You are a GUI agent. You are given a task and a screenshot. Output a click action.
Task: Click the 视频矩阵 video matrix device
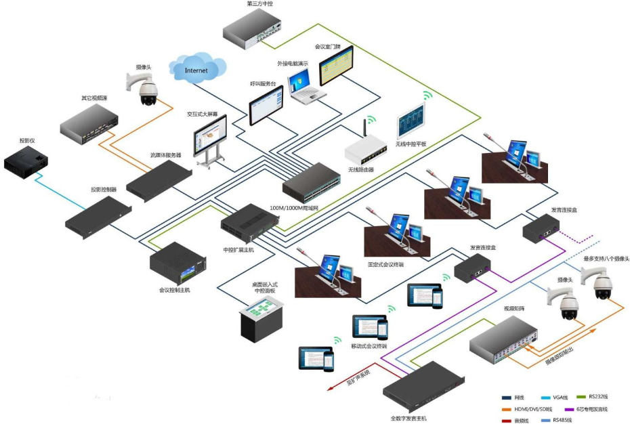tap(505, 338)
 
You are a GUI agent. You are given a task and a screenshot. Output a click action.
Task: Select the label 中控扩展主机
tap(238, 249)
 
